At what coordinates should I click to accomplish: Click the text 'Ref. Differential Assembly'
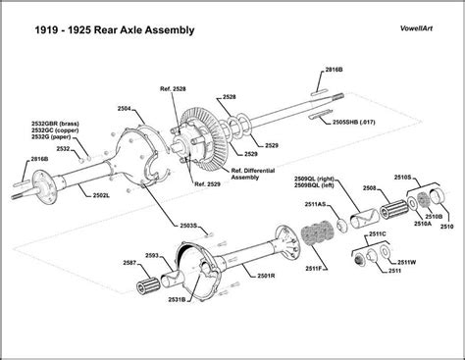click(x=253, y=173)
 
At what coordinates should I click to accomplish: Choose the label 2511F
click(x=316, y=267)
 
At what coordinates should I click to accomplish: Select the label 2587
click(x=130, y=262)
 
